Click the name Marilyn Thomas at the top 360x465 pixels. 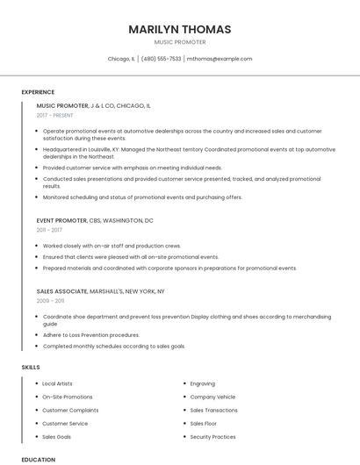(180, 29)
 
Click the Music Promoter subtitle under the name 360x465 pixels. (180, 42)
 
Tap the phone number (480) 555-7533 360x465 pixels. (161, 59)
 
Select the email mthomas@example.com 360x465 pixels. (219, 59)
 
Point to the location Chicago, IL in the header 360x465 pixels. (121, 59)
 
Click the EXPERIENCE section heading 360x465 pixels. (38, 92)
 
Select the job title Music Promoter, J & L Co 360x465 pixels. (94, 105)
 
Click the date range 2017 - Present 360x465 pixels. (55, 116)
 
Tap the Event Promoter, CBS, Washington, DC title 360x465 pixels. (95, 220)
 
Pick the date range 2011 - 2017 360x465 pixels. (49, 231)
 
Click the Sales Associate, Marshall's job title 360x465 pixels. (100, 290)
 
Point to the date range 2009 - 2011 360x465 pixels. (50, 301)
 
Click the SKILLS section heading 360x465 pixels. (31, 368)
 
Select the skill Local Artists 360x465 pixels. (57, 383)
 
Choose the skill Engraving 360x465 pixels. (202, 383)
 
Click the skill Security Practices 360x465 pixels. (212, 436)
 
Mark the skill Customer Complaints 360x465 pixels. (70, 410)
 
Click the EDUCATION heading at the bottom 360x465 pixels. (38, 459)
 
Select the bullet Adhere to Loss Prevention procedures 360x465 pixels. (90, 334)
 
